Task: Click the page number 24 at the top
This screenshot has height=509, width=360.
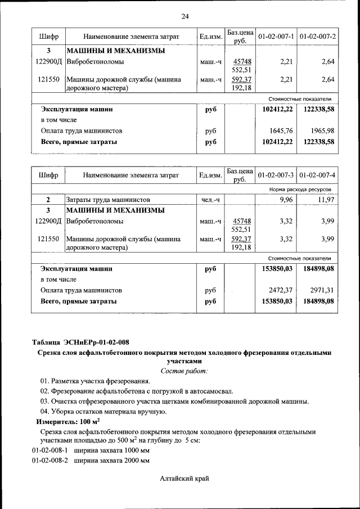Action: (185, 16)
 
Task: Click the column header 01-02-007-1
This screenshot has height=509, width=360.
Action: (276, 37)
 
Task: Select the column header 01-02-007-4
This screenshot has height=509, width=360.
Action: (318, 175)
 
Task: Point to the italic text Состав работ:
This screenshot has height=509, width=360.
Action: (184, 371)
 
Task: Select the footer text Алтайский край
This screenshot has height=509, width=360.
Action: (184, 478)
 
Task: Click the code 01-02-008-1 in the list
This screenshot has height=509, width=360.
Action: (49, 451)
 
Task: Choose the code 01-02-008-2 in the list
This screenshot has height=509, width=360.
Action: (49, 461)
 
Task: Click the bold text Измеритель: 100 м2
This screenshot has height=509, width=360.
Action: (68, 421)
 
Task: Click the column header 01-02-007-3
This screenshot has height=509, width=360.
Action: (276, 175)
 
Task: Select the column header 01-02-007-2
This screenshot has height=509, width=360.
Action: (318, 37)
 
